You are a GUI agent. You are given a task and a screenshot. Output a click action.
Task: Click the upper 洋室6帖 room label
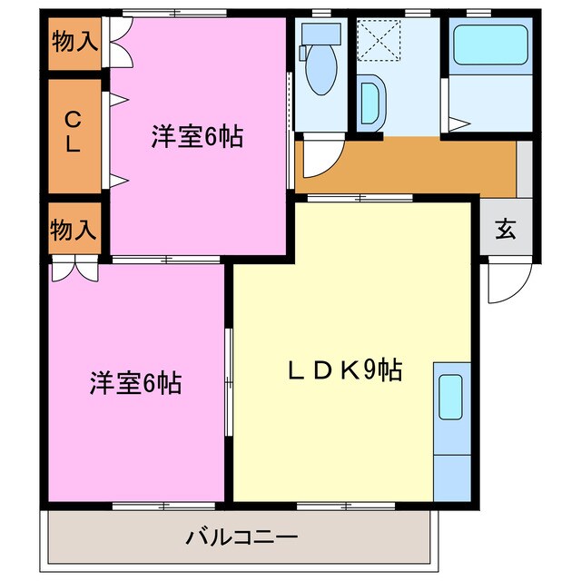(x=197, y=138)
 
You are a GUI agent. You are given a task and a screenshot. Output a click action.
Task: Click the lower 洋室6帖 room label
(x=135, y=383)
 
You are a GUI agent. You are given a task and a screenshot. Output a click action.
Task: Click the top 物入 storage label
(x=74, y=41)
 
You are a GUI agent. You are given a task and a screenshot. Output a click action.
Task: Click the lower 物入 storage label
(x=74, y=229)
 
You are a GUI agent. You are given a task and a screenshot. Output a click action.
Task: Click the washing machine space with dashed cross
(x=379, y=40)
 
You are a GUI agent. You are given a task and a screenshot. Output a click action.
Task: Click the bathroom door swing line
(x=458, y=122)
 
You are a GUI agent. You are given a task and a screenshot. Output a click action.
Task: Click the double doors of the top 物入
(x=115, y=42)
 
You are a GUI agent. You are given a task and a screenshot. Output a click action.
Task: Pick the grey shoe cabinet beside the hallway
(x=524, y=169)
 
